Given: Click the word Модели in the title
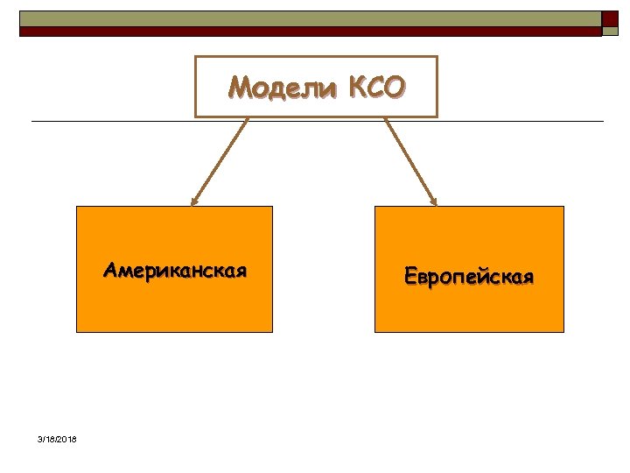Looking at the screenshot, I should tap(283, 88).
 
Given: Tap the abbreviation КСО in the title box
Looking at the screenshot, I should tap(377, 88).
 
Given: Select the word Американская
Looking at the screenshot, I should tap(174, 269).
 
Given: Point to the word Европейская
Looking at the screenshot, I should tap(469, 277).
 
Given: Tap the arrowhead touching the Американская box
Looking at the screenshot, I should tap(194, 201).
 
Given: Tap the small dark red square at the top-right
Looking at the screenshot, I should tap(610, 18).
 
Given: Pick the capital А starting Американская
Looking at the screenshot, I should tap(110, 269).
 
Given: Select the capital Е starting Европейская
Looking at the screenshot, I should tap(410, 277).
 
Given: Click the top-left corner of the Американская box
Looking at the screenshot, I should tap(77, 207).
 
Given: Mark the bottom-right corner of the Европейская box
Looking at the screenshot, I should tap(563, 332).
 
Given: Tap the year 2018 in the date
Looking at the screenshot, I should tap(66, 439).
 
